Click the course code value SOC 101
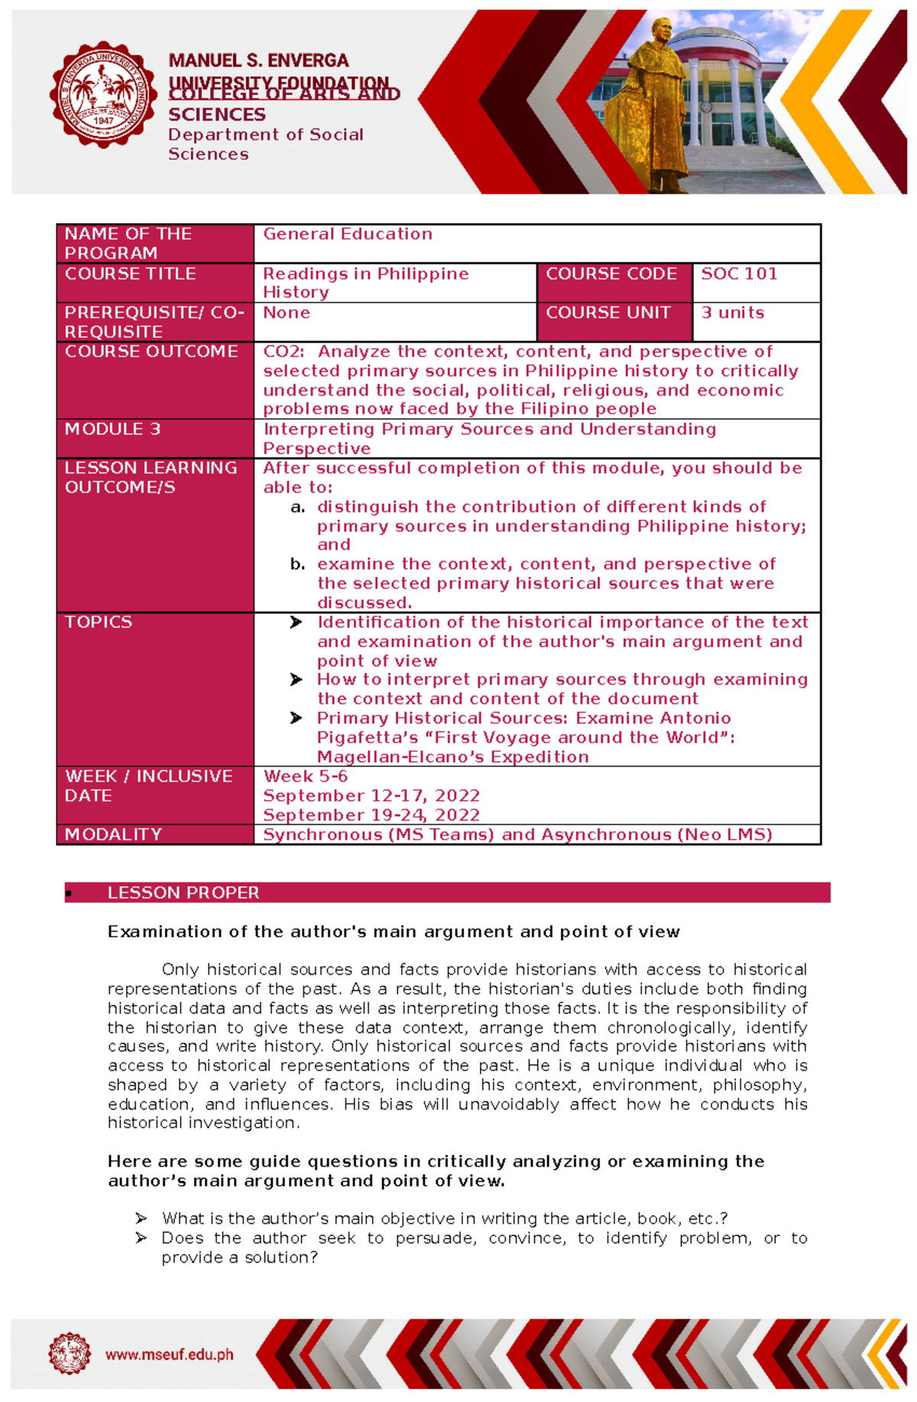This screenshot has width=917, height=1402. (739, 274)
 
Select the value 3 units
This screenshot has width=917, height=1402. (732, 313)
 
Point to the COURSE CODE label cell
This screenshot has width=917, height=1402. (611, 274)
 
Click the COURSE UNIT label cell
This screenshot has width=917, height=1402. (608, 313)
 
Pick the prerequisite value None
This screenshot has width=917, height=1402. (287, 313)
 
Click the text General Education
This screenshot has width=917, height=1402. (348, 235)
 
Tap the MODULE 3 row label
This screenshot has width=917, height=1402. (112, 429)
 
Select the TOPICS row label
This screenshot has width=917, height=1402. (99, 623)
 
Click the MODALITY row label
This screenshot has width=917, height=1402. (113, 834)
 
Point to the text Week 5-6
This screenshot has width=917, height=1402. (306, 777)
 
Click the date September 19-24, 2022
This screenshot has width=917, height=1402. (371, 815)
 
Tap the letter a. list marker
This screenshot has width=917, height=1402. (298, 507)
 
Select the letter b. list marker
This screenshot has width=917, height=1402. (298, 565)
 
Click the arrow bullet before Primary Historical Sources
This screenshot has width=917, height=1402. (296, 719)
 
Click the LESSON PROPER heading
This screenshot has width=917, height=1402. (183, 893)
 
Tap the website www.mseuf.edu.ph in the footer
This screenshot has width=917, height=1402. (170, 1355)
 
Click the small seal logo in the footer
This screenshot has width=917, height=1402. (70, 1354)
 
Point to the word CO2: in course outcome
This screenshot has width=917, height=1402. (284, 352)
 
